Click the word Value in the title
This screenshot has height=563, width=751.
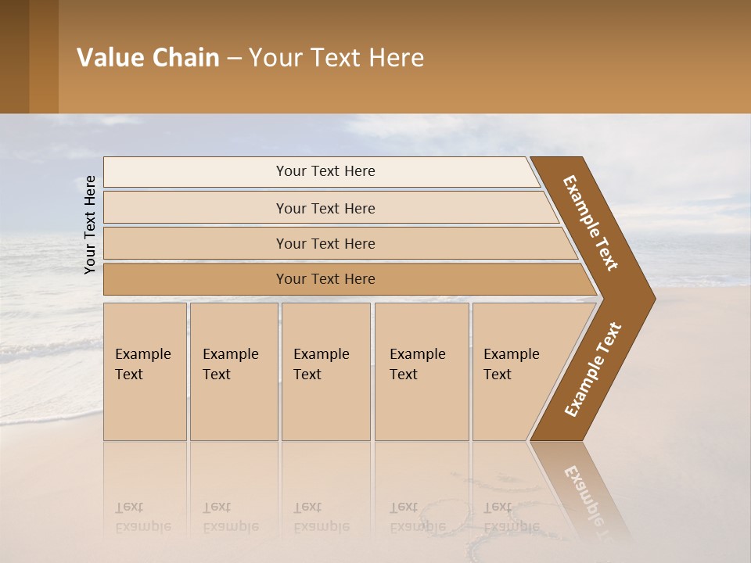click(109, 58)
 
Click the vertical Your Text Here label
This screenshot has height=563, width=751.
click(90, 224)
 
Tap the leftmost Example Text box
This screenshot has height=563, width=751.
click(145, 371)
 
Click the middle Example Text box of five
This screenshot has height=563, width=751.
click(325, 371)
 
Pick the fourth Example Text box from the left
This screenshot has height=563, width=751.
click(422, 371)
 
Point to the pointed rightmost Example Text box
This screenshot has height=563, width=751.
click(516, 371)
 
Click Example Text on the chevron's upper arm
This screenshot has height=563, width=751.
click(591, 223)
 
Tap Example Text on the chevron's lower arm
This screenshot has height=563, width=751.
click(593, 369)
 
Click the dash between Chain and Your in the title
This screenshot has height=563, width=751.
click(234, 59)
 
